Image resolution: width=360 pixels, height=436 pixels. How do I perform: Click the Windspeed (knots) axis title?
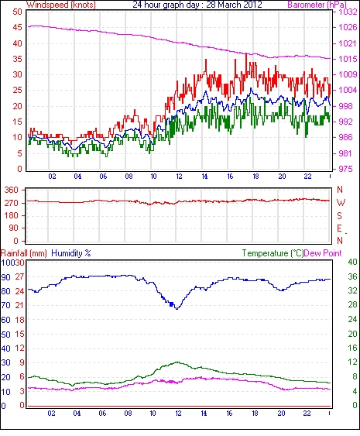pyautogui.click(x=61, y=5)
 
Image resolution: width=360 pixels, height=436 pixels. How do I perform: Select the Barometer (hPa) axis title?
pyautogui.click(x=317, y=5)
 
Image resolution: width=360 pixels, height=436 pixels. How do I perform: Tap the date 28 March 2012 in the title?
pyautogui.click(x=234, y=5)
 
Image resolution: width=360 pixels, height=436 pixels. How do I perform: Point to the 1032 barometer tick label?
pyautogui.click(x=348, y=12)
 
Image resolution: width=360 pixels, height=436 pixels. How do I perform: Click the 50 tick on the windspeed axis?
pyautogui.click(x=17, y=12)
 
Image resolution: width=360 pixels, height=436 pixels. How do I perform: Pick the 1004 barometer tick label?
pyautogui.click(x=348, y=90)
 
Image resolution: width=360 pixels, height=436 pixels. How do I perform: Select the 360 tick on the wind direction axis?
pyautogui.click(x=11, y=191)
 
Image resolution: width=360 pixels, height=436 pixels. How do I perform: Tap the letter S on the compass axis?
pyautogui.click(x=339, y=215)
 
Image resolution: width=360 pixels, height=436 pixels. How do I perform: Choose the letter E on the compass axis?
pyautogui.click(x=339, y=228)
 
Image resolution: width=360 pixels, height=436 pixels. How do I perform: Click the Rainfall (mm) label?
pyautogui.click(x=24, y=253)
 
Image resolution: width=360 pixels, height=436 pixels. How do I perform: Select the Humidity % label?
pyautogui.click(x=71, y=253)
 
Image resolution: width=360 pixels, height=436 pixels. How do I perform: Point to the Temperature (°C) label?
pyautogui.click(x=273, y=253)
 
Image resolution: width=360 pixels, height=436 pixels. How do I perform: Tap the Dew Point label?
pyautogui.click(x=323, y=253)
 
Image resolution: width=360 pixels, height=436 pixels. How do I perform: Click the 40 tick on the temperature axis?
pyautogui.click(x=353, y=262)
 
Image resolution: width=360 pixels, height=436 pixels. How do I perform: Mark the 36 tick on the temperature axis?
pyautogui.click(x=353, y=276)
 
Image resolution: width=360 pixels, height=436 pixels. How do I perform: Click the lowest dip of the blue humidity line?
pyautogui.click(x=177, y=309)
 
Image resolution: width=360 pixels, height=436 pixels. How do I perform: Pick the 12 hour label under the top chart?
pyautogui.click(x=179, y=177)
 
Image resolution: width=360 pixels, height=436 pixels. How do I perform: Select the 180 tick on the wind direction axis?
pyautogui.click(x=11, y=215)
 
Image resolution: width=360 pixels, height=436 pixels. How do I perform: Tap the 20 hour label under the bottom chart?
pyautogui.click(x=281, y=414)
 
